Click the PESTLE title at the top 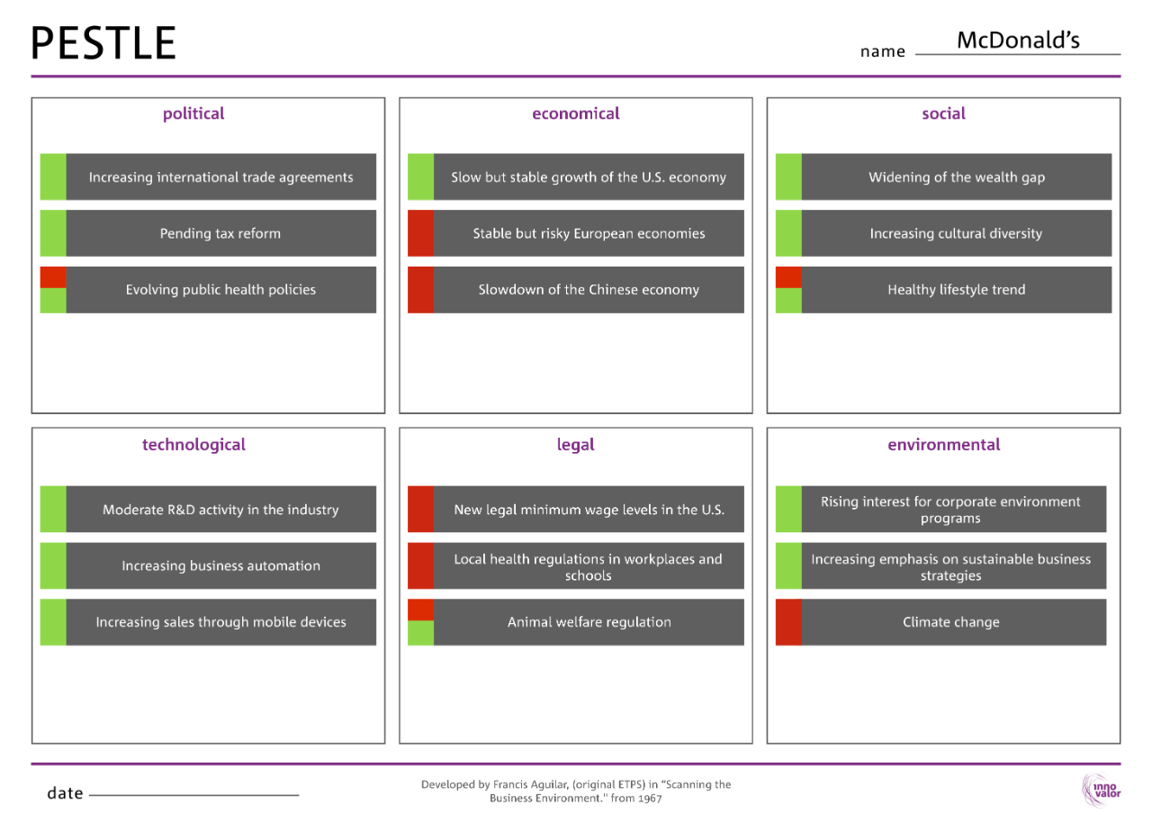(103, 43)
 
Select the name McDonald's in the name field (1017, 41)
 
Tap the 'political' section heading (193, 113)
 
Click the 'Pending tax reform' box (220, 233)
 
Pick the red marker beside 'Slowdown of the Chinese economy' (420, 290)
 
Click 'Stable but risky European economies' (589, 233)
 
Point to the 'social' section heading (943, 113)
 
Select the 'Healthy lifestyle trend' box (956, 290)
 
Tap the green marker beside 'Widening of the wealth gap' (788, 176)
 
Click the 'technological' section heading (193, 445)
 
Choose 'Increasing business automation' (220, 565)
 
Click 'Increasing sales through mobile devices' (220, 622)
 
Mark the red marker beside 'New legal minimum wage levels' (420, 510)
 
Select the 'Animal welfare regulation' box (589, 622)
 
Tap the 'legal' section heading (575, 445)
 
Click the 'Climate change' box (951, 622)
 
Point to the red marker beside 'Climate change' (788, 622)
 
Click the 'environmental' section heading (943, 445)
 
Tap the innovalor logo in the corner (1100, 790)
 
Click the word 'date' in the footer (65, 793)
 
